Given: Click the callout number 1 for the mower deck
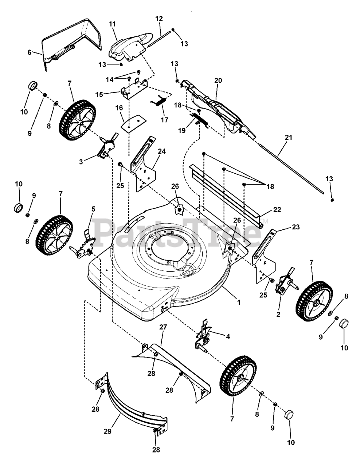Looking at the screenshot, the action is tap(239, 302).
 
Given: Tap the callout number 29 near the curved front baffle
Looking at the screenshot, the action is tap(108, 431).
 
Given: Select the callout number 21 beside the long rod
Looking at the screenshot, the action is tap(289, 138).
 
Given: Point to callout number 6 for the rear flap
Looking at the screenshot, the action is tap(30, 52).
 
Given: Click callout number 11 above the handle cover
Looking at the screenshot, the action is tap(112, 24).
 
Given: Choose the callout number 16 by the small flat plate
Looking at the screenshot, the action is tap(119, 108).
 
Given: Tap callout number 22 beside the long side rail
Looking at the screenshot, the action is tap(277, 209).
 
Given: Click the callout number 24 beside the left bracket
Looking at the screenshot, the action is tap(162, 151).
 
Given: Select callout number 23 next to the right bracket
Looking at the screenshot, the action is tap(296, 227).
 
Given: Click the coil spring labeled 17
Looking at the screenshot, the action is tap(161, 100).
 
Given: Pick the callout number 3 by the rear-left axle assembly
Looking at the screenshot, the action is tap(81, 162).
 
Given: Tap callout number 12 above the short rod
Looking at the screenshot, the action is tap(159, 19).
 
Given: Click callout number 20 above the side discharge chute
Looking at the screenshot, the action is tap(218, 80).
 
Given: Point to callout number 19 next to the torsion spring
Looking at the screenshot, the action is tap(182, 130).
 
